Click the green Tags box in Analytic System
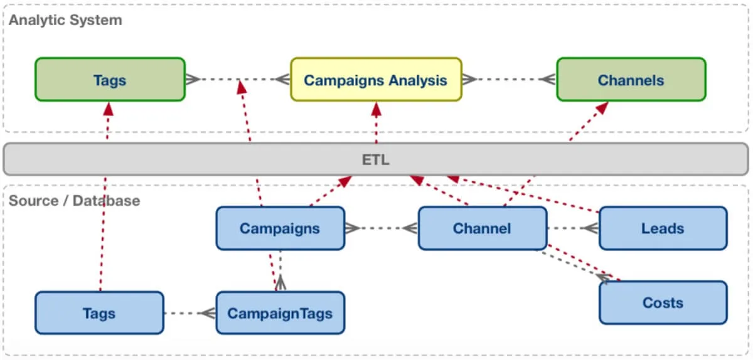pyautogui.click(x=110, y=80)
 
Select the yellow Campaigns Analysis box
pyautogui.click(x=376, y=80)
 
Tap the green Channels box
pyautogui.click(x=631, y=80)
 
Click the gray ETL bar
pyautogui.click(x=376, y=159)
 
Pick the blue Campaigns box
pyautogui.click(x=280, y=228)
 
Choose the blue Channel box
pyautogui.click(x=482, y=228)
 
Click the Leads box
pyautogui.click(x=663, y=228)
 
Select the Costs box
pyautogui.click(x=663, y=302)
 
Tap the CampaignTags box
pyautogui.click(x=280, y=312)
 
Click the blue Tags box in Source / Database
pyautogui.click(x=99, y=312)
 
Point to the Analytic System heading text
pyautogui.click(x=65, y=20)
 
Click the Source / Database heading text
pyautogui.click(x=74, y=201)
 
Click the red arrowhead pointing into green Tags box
pyautogui.click(x=108, y=109)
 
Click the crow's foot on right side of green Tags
pyautogui.click(x=193, y=80)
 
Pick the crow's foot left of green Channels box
pyautogui.click(x=548, y=80)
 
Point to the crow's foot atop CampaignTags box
pyautogui.click(x=280, y=283)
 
